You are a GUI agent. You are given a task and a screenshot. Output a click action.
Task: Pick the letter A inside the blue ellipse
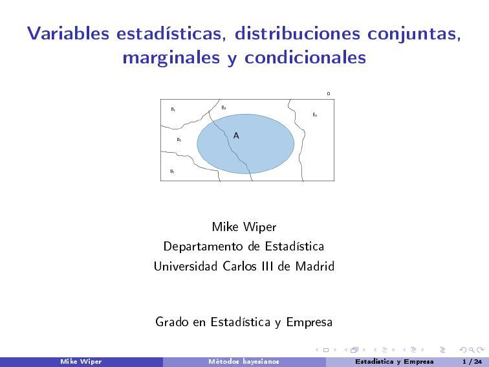[236, 136]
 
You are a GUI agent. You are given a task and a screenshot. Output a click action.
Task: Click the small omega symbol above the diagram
[329, 94]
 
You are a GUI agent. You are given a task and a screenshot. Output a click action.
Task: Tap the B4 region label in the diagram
[314, 115]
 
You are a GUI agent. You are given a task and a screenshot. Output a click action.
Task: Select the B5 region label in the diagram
[179, 139]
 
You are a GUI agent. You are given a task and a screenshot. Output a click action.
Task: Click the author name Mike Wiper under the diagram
[244, 227]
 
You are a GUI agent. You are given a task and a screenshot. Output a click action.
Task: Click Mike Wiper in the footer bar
[81, 361]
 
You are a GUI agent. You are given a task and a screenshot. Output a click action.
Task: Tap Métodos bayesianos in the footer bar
[243, 361]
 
